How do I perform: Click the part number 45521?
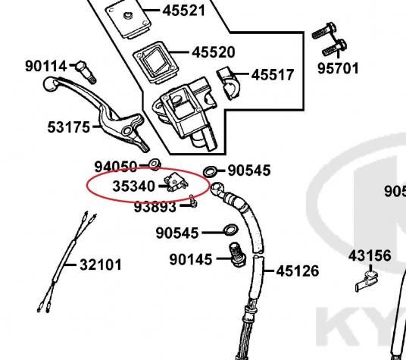184,11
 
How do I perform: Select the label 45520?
214,52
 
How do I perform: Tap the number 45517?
273,75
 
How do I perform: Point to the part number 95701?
338,68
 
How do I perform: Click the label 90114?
46,66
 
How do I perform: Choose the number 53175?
69,127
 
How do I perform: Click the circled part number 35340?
133,186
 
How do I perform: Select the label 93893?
155,207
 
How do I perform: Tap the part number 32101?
101,265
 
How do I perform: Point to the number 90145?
191,259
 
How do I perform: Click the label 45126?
298,271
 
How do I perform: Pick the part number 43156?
370,256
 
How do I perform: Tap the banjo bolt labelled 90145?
237,255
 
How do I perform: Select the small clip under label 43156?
367,280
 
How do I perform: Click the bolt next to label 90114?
86,72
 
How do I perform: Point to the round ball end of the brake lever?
49,83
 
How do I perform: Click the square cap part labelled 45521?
128,20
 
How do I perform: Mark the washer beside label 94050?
155,164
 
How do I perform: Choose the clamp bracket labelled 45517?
228,83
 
